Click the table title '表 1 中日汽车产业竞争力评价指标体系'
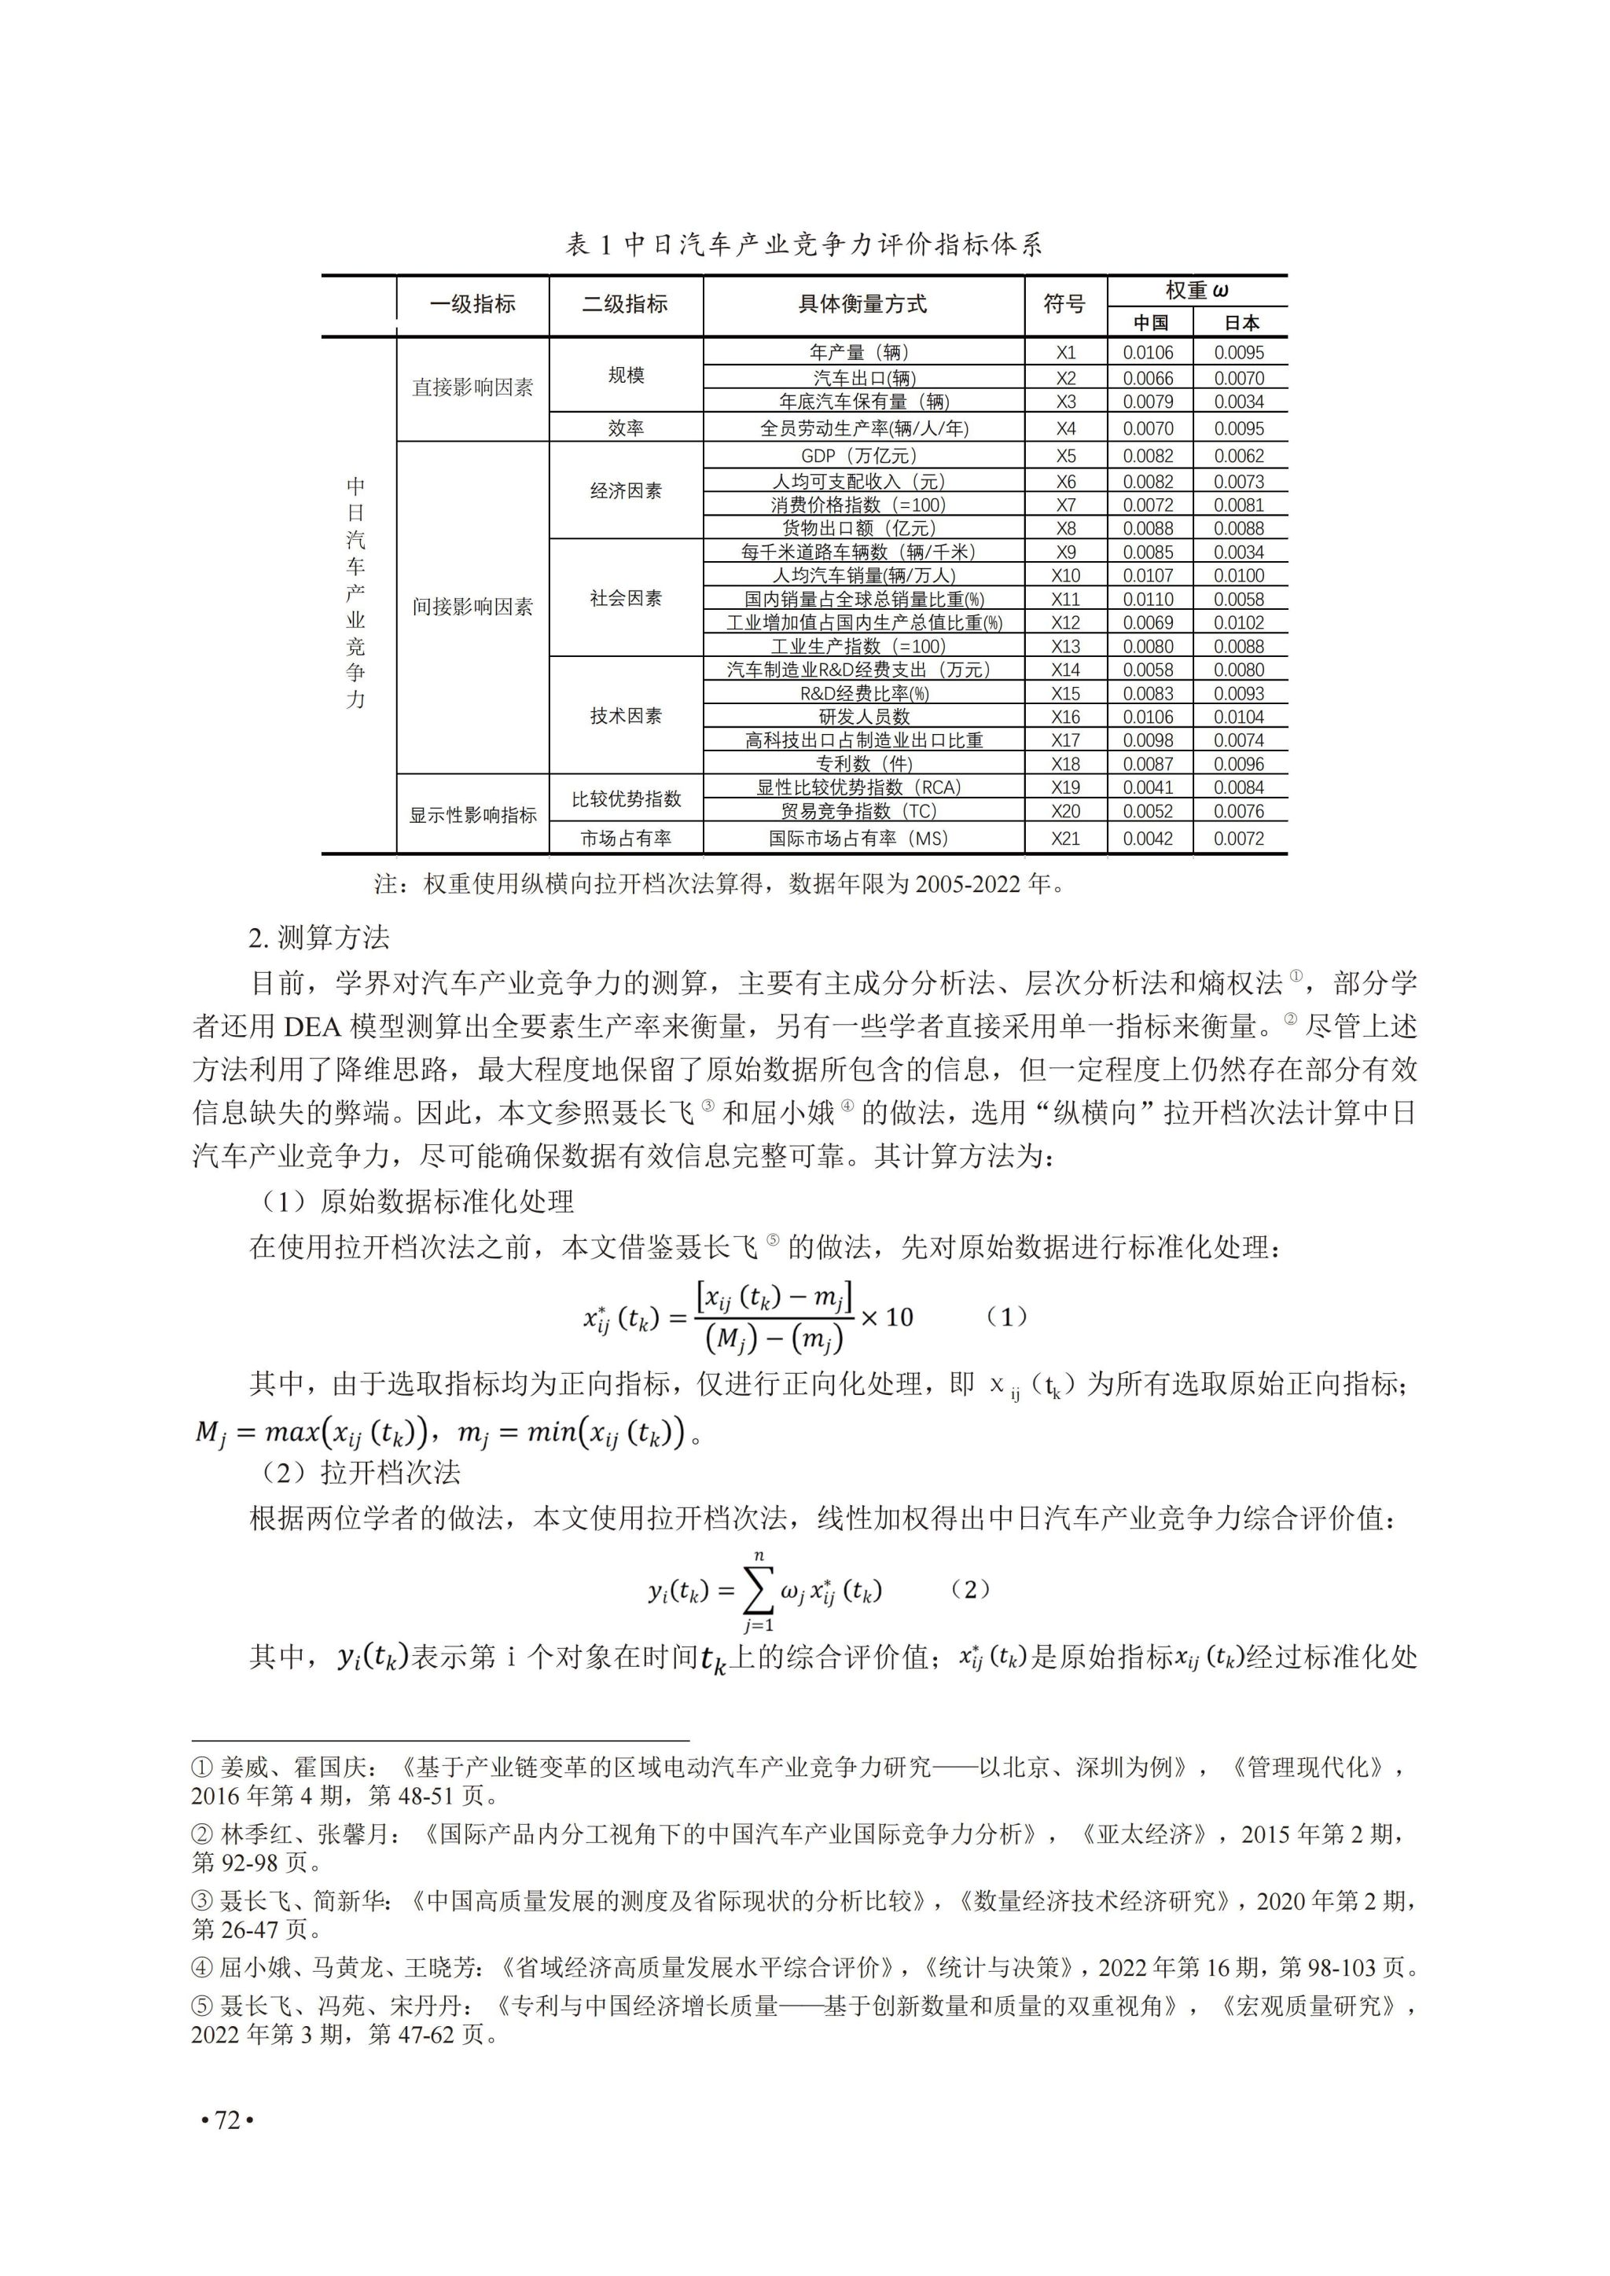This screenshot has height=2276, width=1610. pos(804,245)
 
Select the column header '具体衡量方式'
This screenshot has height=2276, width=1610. pos(862,304)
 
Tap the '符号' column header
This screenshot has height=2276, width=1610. pos(1064,304)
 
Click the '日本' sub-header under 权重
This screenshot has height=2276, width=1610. pos(1241,323)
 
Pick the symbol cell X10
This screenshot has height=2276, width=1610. pos(1066,576)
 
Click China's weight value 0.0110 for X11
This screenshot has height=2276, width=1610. pos(1148,600)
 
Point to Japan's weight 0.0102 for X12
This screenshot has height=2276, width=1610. pos(1239,623)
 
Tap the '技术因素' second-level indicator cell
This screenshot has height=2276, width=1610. pos(626,716)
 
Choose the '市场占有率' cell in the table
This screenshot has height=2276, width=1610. pos(626,839)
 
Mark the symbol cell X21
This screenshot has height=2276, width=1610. pos(1066,839)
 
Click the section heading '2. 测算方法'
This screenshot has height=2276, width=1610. pos(318,938)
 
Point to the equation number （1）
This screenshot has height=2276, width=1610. pos(1009,1317)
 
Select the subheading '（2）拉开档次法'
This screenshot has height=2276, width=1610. pos(361,1473)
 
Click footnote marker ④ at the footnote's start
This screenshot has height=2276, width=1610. pos(201,1968)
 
